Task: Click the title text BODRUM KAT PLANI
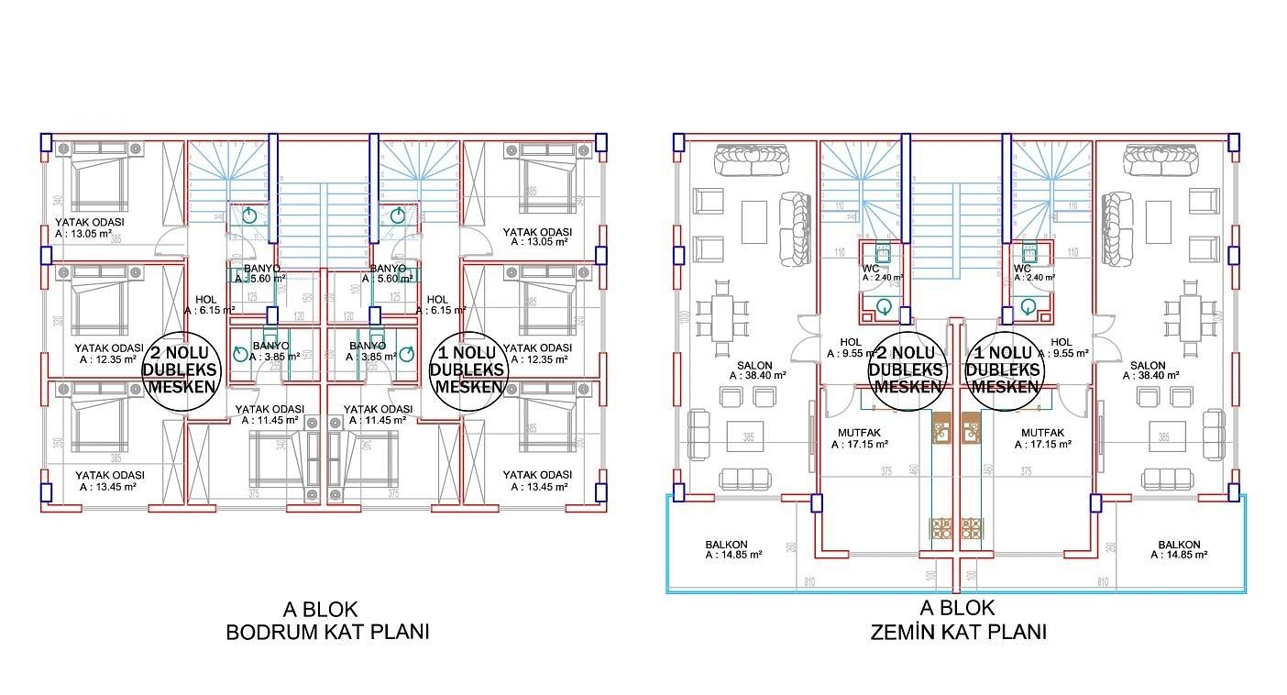pos(326,632)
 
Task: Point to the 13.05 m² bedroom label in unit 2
pos(89,227)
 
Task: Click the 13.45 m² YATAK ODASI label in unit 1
pos(536,480)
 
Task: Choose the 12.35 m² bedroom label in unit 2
pos(109,354)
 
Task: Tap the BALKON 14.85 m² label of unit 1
pos(1179,550)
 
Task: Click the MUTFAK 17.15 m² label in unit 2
pos(860,438)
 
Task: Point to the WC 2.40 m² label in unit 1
pos(1033,273)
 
